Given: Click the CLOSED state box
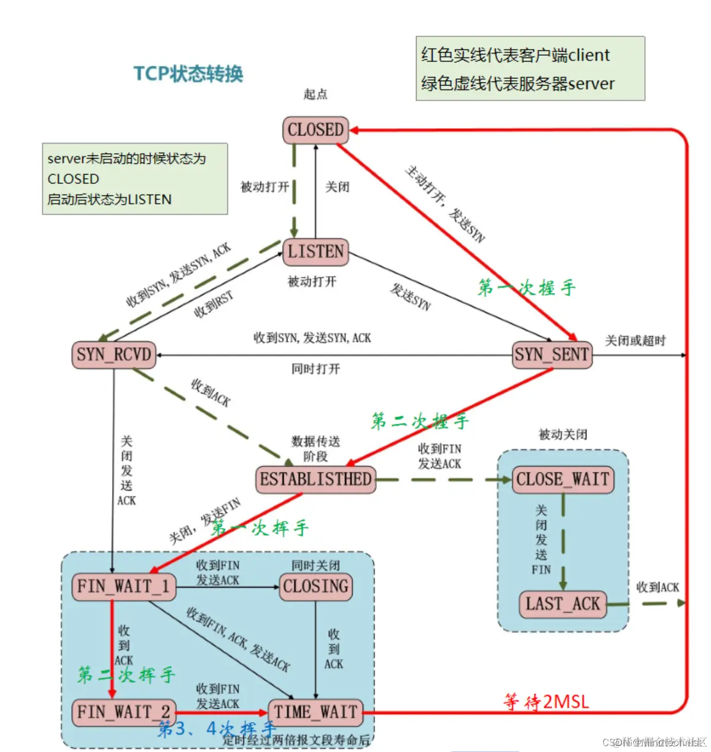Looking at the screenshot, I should point(315,130).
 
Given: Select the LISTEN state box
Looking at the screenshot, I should point(315,252).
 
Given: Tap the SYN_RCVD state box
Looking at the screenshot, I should point(114,355).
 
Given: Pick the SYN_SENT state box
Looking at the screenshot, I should point(552,355).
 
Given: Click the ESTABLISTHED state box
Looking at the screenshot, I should point(316,480).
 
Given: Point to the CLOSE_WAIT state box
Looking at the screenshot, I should point(563,480).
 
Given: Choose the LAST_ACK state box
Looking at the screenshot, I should point(563,604).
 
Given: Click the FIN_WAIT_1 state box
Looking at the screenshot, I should point(123,586).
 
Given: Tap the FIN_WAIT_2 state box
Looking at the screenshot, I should point(123,712).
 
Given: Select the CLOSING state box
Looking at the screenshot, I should point(316,586).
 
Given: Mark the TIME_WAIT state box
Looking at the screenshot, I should point(316,712).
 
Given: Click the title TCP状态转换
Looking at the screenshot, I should point(188,74).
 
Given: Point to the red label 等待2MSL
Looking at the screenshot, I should point(546,702).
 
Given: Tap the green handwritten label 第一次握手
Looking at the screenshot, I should point(526,288).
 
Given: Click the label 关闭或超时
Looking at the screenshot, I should point(635,341).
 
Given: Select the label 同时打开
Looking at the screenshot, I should point(316,369).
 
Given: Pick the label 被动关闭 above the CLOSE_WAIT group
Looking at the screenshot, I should point(563,434).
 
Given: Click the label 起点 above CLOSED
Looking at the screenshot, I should point(315,94).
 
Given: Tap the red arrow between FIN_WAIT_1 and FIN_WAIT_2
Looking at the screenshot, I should point(112,647).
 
